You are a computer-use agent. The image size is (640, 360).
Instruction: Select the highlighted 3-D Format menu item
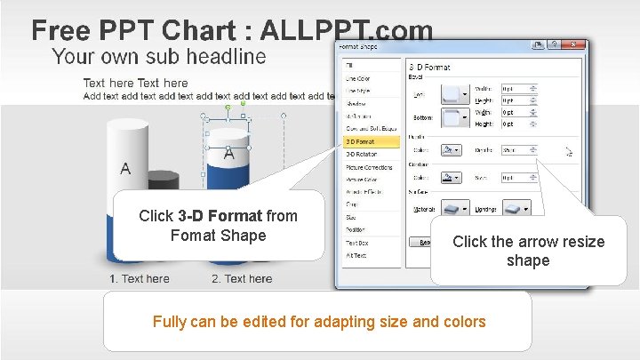click(361, 141)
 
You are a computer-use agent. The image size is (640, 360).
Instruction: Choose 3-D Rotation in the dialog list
click(362, 154)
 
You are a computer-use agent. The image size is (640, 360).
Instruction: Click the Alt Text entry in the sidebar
click(356, 255)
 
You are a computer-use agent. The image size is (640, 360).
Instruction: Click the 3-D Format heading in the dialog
click(429, 67)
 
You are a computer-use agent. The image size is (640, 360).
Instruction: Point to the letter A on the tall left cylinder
click(125, 168)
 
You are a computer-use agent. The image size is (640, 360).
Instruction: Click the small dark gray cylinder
click(163, 182)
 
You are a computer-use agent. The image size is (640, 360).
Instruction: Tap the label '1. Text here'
click(140, 279)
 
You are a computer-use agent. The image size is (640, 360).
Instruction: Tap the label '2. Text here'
click(242, 279)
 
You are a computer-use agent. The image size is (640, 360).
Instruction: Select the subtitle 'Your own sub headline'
click(158, 57)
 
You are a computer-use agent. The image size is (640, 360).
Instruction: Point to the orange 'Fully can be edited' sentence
click(319, 322)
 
